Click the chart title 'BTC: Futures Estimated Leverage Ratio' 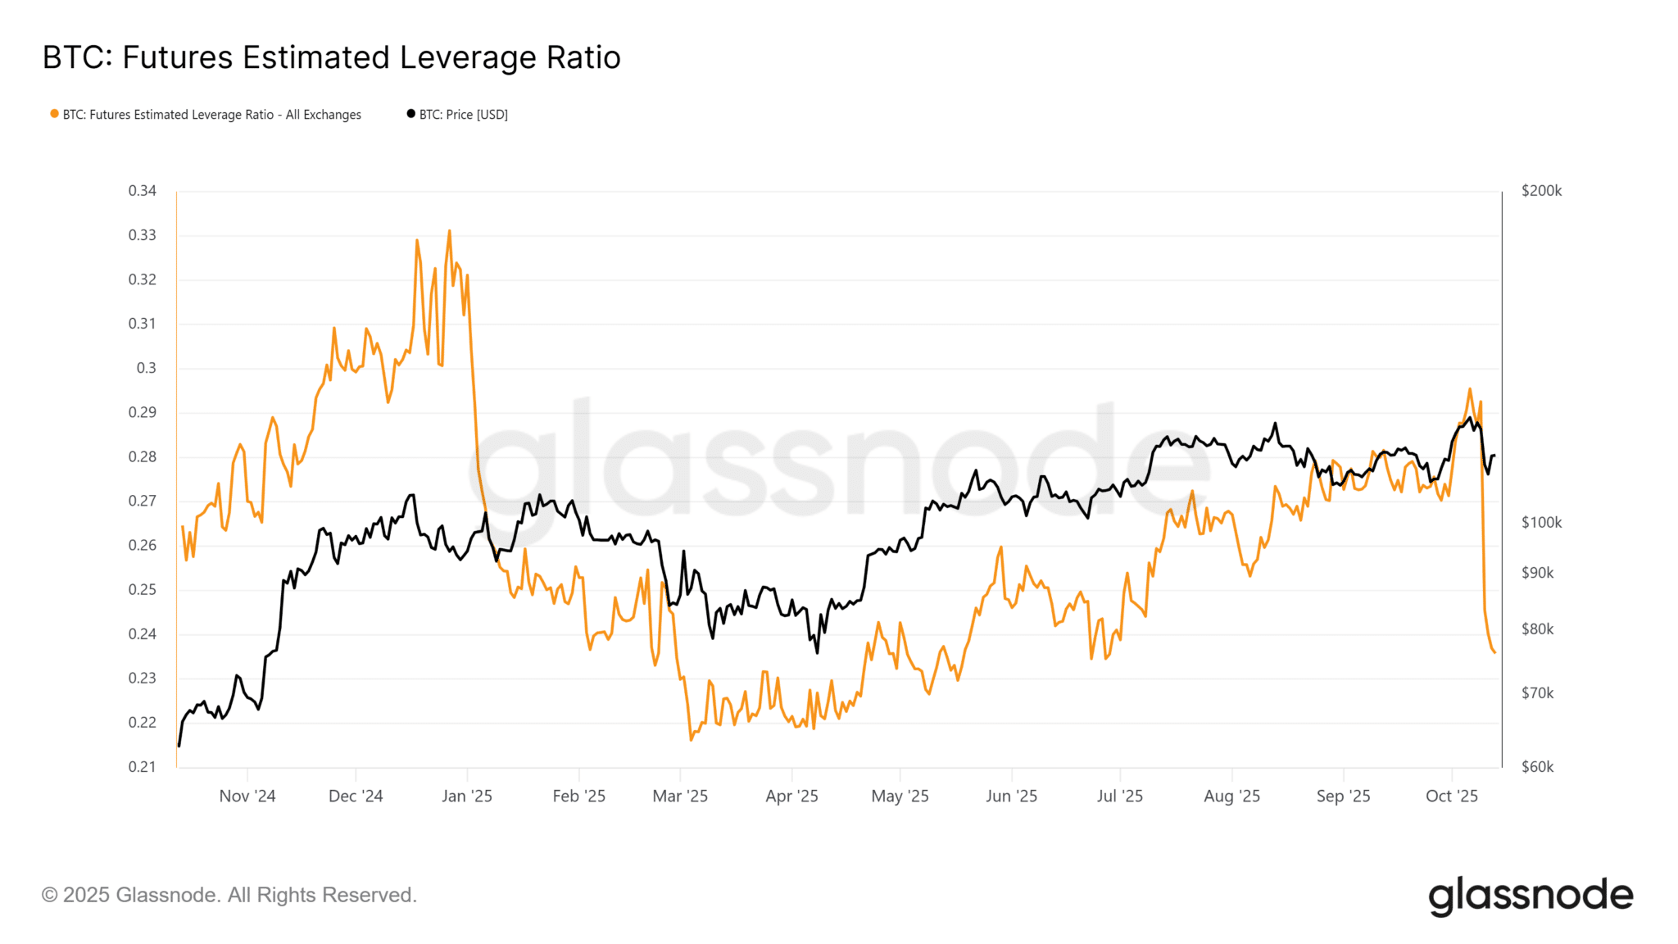coord(331,58)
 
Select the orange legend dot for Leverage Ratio coord(54,114)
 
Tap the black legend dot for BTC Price coord(410,114)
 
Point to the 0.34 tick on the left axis coord(142,191)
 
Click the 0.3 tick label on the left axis coord(146,368)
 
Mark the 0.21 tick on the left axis coord(142,767)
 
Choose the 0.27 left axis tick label coord(142,501)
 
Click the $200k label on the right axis coord(1541,191)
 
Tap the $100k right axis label coord(1541,523)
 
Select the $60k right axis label coord(1537,767)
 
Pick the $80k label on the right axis coord(1537,629)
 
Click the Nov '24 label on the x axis coord(247,796)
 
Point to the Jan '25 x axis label coord(467,796)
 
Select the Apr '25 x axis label coord(791,796)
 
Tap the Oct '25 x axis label coord(1452,796)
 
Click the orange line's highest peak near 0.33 coord(449,231)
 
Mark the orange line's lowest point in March coord(692,739)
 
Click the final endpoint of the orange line coord(1494,652)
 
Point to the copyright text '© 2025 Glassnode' coord(229,895)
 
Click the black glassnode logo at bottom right coord(1531,896)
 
